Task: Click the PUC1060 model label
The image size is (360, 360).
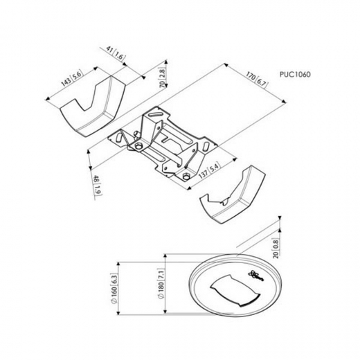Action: point(295,74)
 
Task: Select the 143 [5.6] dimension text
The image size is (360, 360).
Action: point(72,78)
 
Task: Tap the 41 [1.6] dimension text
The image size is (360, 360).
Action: point(116,53)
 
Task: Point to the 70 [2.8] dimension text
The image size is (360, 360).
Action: point(163,78)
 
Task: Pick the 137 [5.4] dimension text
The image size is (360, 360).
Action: point(209,170)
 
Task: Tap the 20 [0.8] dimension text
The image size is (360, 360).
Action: point(276,249)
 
